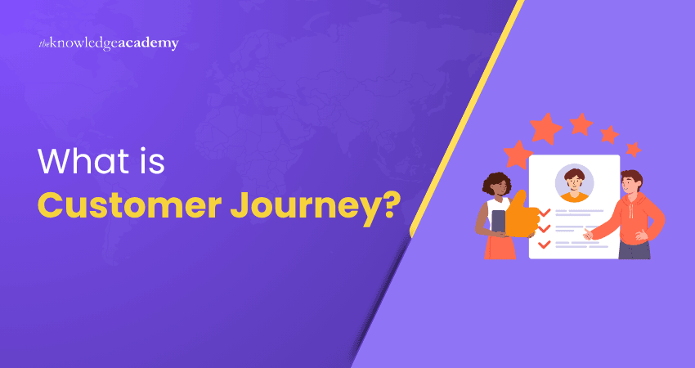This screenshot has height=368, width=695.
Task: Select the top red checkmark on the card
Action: (544, 212)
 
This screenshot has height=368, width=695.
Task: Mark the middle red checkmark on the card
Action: (544, 228)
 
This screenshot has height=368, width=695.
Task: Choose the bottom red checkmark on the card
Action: (544, 244)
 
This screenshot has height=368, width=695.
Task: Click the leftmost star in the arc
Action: (517, 154)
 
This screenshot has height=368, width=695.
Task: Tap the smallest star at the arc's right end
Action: (633, 149)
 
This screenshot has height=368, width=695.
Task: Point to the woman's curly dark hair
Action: (495, 184)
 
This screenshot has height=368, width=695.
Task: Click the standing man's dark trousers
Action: (633, 249)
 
